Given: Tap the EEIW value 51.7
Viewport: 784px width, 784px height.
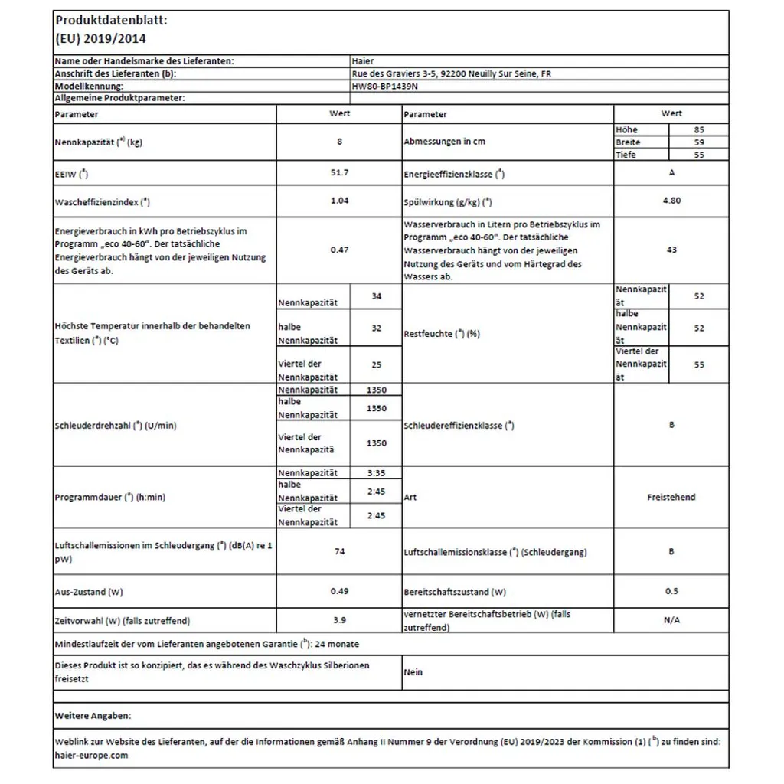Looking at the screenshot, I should pyautogui.click(x=338, y=173).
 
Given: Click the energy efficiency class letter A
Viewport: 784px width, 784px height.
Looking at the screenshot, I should pyautogui.click(x=671, y=173).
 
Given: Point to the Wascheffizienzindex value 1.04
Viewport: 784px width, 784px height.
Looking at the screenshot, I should pyautogui.click(x=338, y=201).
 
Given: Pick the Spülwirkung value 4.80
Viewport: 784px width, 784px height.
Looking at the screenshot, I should pyautogui.click(x=671, y=201).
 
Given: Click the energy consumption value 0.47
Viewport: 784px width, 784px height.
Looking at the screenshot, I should pyautogui.click(x=338, y=250).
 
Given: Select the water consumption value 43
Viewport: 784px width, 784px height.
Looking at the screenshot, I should pyautogui.click(x=671, y=250).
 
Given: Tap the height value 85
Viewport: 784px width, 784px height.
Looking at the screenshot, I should pyautogui.click(x=698, y=130).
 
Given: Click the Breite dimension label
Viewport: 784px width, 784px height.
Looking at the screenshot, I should pyautogui.click(x=628, y=142).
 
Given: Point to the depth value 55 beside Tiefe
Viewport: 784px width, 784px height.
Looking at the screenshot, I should pyautogui.click(x=698, y=155).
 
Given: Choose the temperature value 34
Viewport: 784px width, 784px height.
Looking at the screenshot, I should pyautogui.click(x=375, y=296).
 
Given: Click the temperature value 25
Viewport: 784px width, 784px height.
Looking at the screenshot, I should pyautogui.click(x=375, y=365).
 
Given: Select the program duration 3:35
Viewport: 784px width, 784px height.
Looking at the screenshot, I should pyautogui.click(x=375, y=473).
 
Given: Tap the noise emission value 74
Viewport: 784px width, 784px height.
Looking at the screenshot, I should pyautogui.click(x=338, y=550).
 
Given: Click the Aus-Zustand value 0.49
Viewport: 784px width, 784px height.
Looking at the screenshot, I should pyautogui.click(x=338, y=591).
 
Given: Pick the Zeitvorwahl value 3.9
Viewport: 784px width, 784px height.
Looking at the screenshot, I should pyautogui.click(x=338, y=620).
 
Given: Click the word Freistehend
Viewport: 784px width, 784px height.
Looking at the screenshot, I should pyautogui.click(x=671, y=497).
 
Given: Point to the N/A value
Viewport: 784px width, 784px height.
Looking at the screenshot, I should pyautogui.click(x=671, y=620).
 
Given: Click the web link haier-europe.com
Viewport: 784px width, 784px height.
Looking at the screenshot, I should pyautogui.click(x=92, y=756).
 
